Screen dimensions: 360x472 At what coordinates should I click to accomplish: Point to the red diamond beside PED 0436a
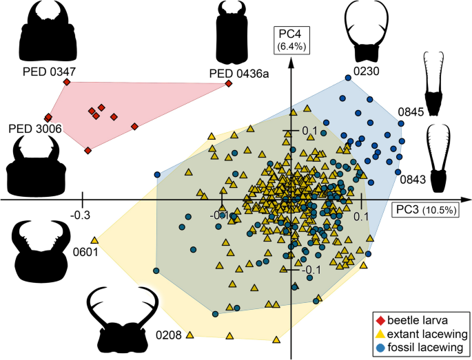coord(228,84)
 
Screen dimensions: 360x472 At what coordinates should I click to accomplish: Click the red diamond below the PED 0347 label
coord(67,82)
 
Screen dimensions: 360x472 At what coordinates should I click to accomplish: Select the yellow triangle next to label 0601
coord(95,240)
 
